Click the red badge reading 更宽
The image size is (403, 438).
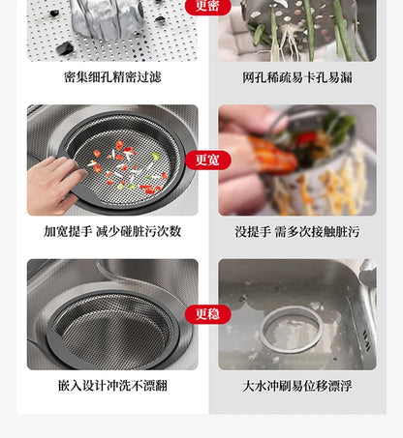tap(207, 160)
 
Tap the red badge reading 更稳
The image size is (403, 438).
tap(207, 313)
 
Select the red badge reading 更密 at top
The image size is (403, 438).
tap(207, 7)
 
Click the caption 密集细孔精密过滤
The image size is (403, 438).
tap(112, 77)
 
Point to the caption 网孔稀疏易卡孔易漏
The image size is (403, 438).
tap(297, 77)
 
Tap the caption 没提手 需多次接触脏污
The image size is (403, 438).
tap(297, 232)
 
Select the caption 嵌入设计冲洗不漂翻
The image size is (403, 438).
tap(112, 386)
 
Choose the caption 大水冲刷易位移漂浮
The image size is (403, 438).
tap(297, 386)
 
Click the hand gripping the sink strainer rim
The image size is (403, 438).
tap(53, 184)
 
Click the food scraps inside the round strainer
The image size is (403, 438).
tap(126, 164)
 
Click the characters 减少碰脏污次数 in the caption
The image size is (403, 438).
tap(144, 232)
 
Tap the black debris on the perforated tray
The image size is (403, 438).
tap(64, 47)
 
